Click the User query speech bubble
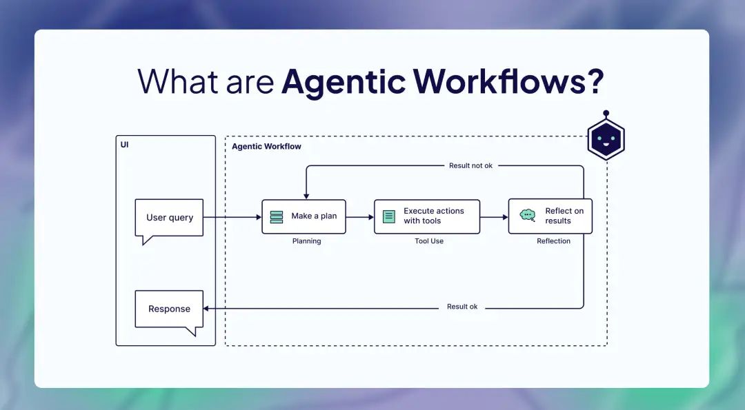coord(169,218)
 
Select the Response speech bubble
coord(169,309)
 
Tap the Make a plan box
coord(304,216)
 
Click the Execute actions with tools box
coord(427,216)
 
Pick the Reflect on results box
coord(550,216)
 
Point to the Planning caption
coord(306,241)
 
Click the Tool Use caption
coord(429,241)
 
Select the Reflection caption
coord(553,241)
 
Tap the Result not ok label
coord(470,166)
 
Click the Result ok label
coord(461,307)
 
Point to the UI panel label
coord(124,145)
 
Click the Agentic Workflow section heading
coord(266,147)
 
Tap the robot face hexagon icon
coord(606,140)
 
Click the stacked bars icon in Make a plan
coord(277,216)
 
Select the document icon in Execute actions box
coord(389,216)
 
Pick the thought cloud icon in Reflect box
coord(528,215)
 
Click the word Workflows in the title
coord(501,82)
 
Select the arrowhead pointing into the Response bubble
coord(207,308)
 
